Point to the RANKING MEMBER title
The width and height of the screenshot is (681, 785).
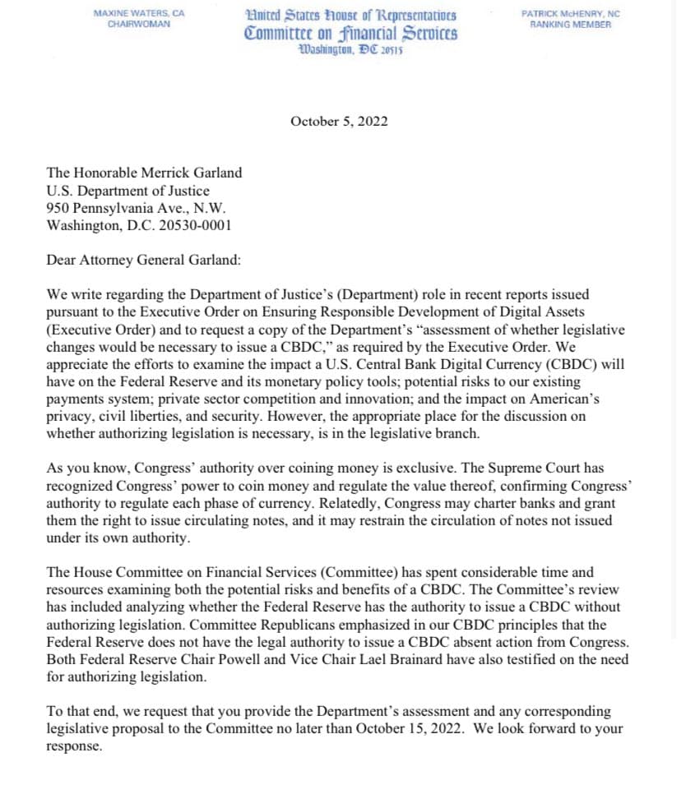point(570,25)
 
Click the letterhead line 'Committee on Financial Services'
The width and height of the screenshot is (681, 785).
point(351,34)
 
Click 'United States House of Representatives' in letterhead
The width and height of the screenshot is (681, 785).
point(351,16)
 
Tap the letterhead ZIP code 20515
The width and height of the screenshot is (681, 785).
point(391,50)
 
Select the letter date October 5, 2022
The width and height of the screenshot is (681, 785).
point(339,122)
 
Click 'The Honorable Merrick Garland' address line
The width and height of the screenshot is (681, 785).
point(145,173)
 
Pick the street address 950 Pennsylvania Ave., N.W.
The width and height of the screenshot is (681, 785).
point(136,208)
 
